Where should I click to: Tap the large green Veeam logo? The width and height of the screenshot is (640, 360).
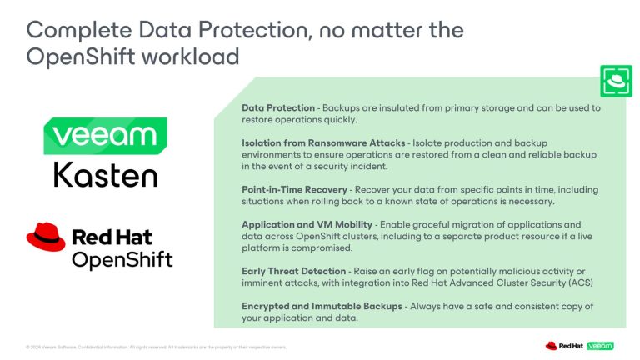click(105, 136)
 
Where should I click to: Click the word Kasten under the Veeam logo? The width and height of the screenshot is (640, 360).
click(105, 174)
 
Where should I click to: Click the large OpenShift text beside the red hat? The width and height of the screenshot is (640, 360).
click(122, 259)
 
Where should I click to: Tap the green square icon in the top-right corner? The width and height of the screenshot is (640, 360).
click(616, 81)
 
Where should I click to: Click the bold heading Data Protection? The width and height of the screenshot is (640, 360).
click(278, 108)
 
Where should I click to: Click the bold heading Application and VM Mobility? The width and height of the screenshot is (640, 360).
click(306, 224)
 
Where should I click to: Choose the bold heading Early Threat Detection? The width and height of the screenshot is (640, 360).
click(293, 270)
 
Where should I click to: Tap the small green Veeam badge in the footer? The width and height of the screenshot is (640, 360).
click(599, 345)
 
